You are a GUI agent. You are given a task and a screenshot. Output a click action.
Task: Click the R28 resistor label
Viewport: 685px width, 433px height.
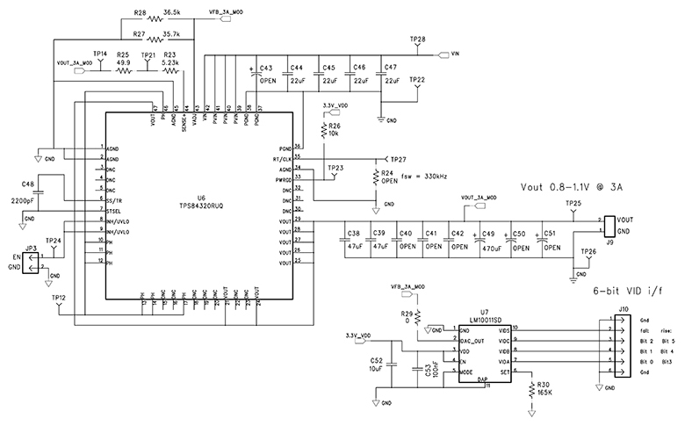pos(140,14)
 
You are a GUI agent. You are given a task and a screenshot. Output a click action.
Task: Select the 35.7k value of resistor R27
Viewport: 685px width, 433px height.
pos(171,34)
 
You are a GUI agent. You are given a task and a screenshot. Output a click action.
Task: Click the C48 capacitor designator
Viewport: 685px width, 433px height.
pos(28,184)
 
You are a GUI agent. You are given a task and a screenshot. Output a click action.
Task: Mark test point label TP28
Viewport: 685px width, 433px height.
pos(418,40)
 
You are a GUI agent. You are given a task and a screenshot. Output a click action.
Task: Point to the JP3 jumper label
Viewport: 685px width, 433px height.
pos(30,249)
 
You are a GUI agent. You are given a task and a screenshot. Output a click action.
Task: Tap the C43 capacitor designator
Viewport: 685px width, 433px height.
pos(267,69)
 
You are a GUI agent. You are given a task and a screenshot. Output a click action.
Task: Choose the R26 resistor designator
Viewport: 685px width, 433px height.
pos(334,126)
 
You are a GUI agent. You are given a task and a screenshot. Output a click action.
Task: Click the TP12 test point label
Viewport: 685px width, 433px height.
pos(58,298)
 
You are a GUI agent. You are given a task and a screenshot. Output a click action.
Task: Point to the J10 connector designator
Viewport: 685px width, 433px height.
pos(624,309)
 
